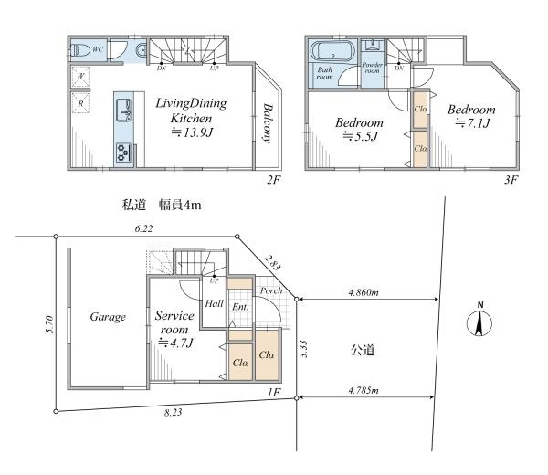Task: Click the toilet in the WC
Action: [79, 50]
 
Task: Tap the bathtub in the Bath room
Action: [332, 52]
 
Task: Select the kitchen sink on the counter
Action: [123, 111]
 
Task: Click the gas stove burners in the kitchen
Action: [123, 153]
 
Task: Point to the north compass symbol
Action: [479, 320]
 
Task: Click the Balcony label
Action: [268, 123]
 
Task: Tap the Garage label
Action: [108, 317]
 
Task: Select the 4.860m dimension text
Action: [364, 292]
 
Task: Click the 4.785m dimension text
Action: [364, 390]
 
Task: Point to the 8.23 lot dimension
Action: [173, 413]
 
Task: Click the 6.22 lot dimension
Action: [143, 228]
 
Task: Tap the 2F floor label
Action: [274, 180]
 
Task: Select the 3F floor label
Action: [511, 180]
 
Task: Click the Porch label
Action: [271, 290]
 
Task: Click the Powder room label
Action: [373, 68]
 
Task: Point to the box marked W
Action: [80, 76]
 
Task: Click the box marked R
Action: [80, 103]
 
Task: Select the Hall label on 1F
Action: [214, 303]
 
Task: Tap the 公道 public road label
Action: [363, 350]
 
